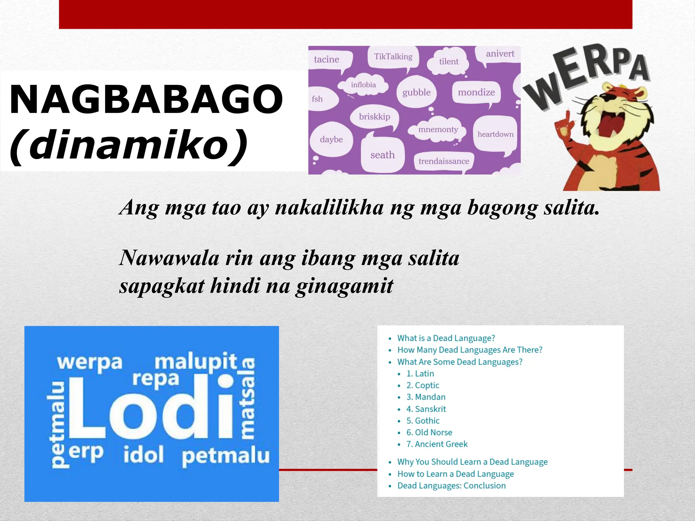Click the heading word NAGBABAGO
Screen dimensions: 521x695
coord(146,99)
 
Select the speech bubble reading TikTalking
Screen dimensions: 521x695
coord(393,57)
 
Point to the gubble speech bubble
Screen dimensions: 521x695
coord(416,92)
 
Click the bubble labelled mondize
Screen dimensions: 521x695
coord(476,92)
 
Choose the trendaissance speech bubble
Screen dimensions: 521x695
coord(444,161)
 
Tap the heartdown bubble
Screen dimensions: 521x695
coord(495,134)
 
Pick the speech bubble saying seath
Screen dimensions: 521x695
coord(382,155)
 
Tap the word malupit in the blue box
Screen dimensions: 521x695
coord(196,362)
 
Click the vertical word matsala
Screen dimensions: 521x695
coord(248,399)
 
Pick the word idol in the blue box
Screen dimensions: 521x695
coord(143,455)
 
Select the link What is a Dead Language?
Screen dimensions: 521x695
coord(446,338)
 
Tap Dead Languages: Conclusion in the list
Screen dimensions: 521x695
coord(451,485)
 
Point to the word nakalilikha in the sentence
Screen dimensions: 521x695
coord(329,208)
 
